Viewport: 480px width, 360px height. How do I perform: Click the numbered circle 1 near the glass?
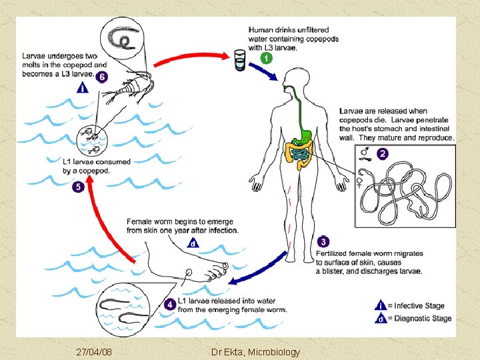[x=267, y=58]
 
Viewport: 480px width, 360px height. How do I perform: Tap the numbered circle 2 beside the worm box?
[x=382, y=153]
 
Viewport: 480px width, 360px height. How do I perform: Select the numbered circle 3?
[x=323, y=241]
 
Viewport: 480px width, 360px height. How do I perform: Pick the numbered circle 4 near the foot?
[x=171, y=304]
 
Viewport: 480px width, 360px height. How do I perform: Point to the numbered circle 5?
[x=79, y=187]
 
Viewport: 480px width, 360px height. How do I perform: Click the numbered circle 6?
[x=102, y=77]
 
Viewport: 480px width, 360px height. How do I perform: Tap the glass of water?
[x=240, y=59]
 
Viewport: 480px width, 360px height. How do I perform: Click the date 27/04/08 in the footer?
[x=94, y=351]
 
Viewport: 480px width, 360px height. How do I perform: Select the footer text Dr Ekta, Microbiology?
[x=255, y=351]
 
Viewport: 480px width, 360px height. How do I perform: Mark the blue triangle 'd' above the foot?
[x=193, y=243]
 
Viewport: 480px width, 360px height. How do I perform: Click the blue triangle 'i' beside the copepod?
[x=83, y=87]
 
